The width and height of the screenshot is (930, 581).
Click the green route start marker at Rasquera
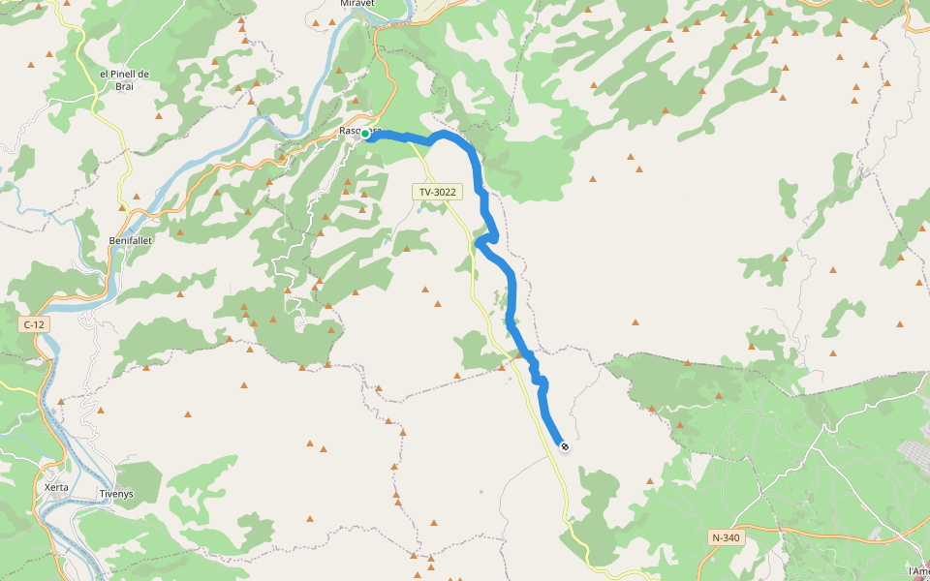tap(365, 135)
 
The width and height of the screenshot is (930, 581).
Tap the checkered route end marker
tap(564, 445)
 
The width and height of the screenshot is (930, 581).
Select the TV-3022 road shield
tap(437, 193)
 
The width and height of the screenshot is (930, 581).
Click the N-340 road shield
tap(726, 537)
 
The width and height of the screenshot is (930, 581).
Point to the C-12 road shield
tap(34, 325)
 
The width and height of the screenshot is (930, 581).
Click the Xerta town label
tap(56, 487)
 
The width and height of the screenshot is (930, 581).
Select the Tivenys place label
tap(117, 494)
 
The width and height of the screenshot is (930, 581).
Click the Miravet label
tap(356, 4)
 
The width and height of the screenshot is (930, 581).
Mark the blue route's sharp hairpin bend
tap(477, 242)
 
